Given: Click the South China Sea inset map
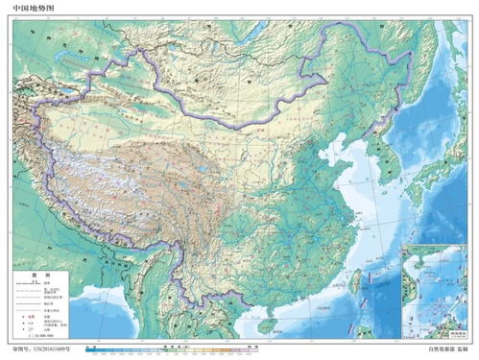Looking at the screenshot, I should point(438,287).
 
